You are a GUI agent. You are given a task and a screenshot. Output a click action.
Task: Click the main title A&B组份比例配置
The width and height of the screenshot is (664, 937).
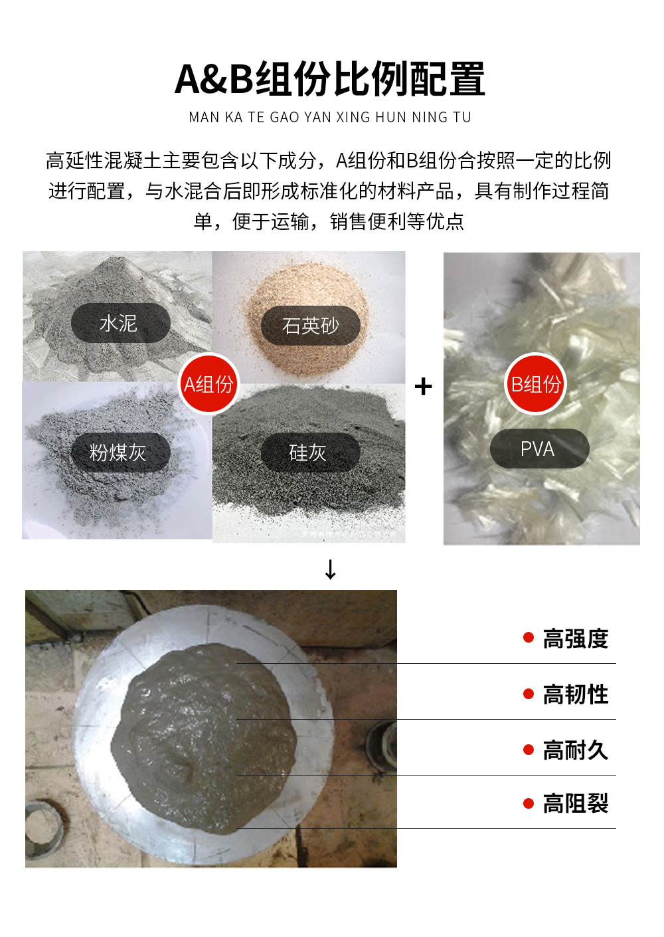click(x=330, y=79)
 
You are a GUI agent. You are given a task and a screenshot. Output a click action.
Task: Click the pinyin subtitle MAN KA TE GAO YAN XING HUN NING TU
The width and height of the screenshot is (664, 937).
click(x=330, y=118)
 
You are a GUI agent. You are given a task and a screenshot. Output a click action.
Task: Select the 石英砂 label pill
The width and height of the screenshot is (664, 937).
click(x=310, y=326)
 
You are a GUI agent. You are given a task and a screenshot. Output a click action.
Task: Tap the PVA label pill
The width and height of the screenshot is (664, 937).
click(x=539, y=449)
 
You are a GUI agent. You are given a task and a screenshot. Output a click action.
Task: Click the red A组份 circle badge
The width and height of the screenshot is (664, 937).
click(x=208, y=384)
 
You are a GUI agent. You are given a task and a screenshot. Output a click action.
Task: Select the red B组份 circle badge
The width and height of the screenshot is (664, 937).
click(x=535, y=384)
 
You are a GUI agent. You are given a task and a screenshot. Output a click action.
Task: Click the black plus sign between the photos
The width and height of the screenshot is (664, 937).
click(x=423, y=386)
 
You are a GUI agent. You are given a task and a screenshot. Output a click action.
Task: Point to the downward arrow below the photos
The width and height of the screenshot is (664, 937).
click(x=331, y=570)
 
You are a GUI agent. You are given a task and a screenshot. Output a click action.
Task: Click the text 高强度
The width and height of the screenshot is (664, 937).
click(x=575, y=639)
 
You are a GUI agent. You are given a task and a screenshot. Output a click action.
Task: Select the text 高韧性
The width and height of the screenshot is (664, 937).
click(x=575, y=694)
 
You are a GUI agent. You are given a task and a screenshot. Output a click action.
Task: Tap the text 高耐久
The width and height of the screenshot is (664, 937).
click(x=575, y=750)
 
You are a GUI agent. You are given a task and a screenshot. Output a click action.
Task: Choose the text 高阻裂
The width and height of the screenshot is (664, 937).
click(x=575, y=804)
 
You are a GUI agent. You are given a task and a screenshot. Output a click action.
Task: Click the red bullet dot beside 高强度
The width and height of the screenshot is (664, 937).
click(x=529, y=638)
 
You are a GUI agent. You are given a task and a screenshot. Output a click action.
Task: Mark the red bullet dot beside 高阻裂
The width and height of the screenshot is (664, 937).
click(x=529, y=803)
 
